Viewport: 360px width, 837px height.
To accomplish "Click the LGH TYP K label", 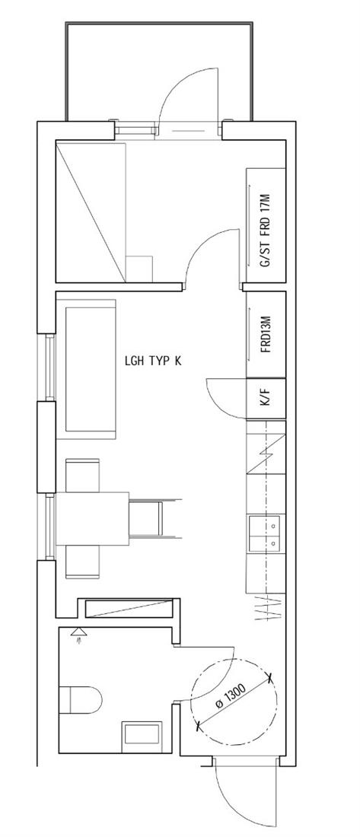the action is pyautogui.click(x=152, y=361).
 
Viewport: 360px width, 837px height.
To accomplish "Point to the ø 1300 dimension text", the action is pyautogui.click(x=231, y=698).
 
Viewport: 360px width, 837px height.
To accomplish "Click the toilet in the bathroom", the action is pyautogui.click(x=80, y=699).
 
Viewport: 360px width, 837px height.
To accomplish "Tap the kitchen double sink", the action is pyautogui.click(x=266, y=535).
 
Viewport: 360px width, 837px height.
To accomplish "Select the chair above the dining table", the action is pyautogui.click(x=82, y=475).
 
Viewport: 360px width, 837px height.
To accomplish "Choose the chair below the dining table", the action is pyautogui.click(x=82, y=562).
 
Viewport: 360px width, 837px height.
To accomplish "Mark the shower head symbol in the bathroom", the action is pyautogui.click(x=80, y=634).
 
